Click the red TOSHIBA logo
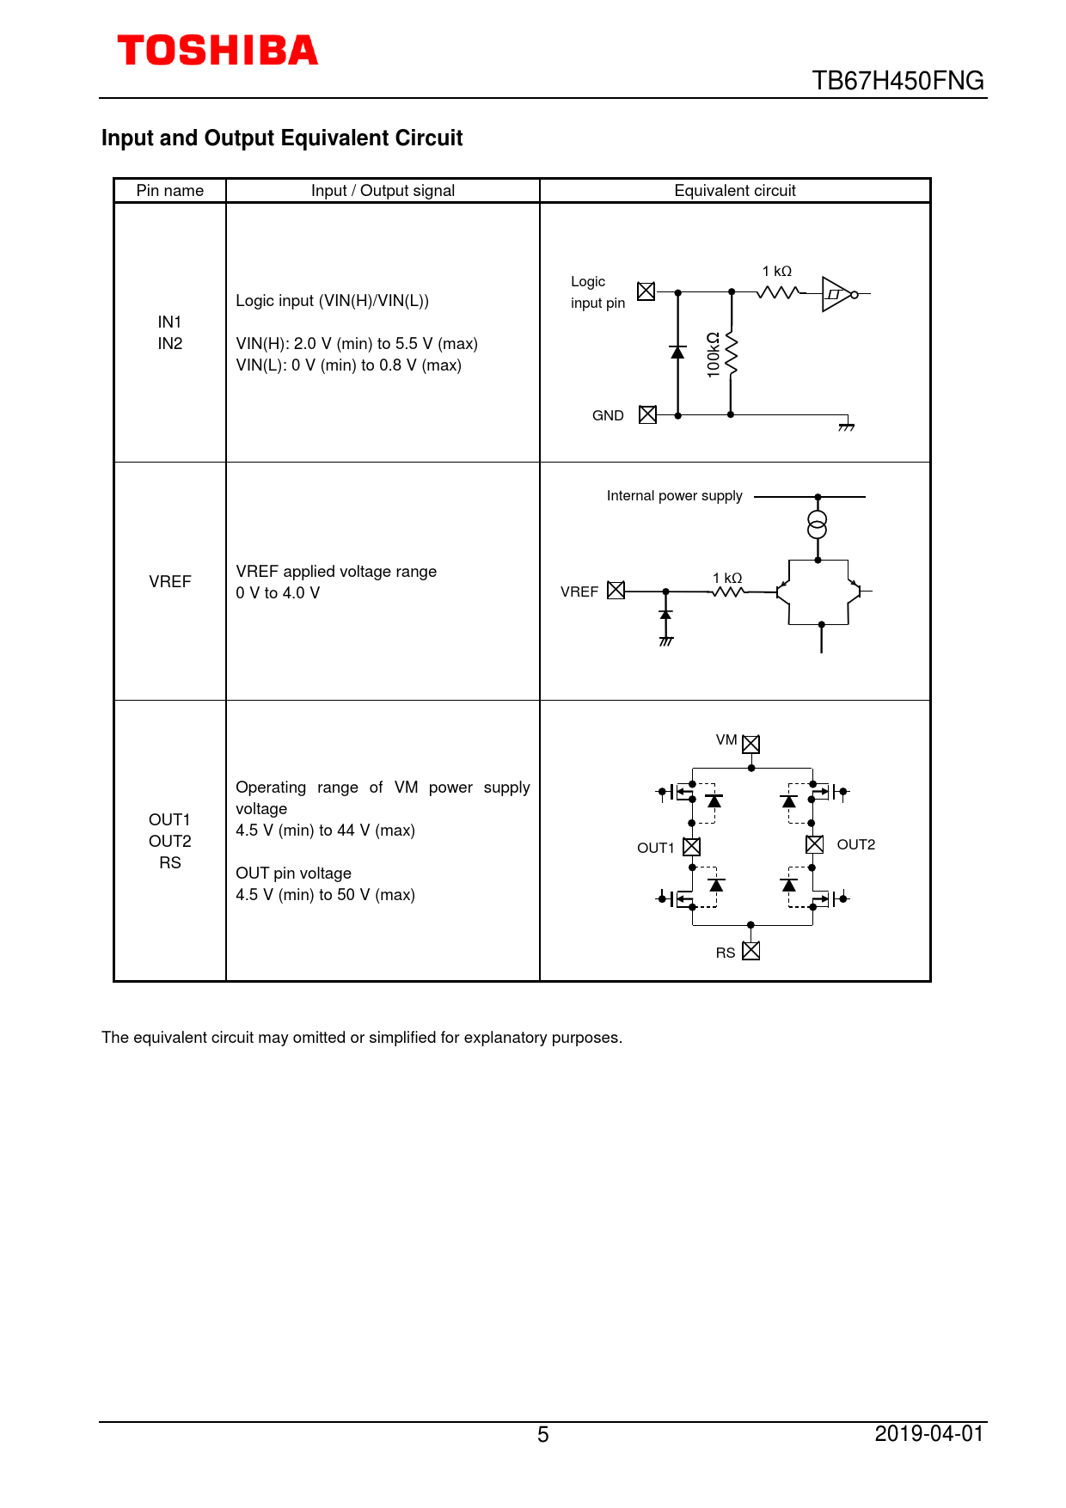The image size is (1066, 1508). [x=217, y=51]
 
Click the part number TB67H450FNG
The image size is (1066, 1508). [x=898, y=81]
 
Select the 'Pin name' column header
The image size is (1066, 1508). [x=170, y=191]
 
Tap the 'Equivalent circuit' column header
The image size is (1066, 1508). [x=734, y=191]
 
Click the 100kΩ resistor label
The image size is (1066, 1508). [x=713, y=354]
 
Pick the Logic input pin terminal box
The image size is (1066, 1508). [x=646, y=291]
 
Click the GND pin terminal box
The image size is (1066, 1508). [x=647, y=415]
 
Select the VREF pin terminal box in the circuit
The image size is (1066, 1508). [x=616, y=591]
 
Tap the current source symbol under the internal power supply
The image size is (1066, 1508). [x=818, y=524]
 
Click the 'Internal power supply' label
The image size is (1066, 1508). [x=674, y=496]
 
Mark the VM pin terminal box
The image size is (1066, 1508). [x=750, y=744]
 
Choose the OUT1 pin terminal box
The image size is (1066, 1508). [x=691, y=847]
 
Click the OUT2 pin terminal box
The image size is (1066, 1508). [x=814, y=844]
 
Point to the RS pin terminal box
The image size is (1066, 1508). [x=750, y=951]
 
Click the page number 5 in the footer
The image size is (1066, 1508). [x=542, y=1434]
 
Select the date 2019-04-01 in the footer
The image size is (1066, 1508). [x=928, y=1433]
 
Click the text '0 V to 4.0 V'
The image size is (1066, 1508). [x=278, y=593]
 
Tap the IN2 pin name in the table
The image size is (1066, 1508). [x=170, y=344]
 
